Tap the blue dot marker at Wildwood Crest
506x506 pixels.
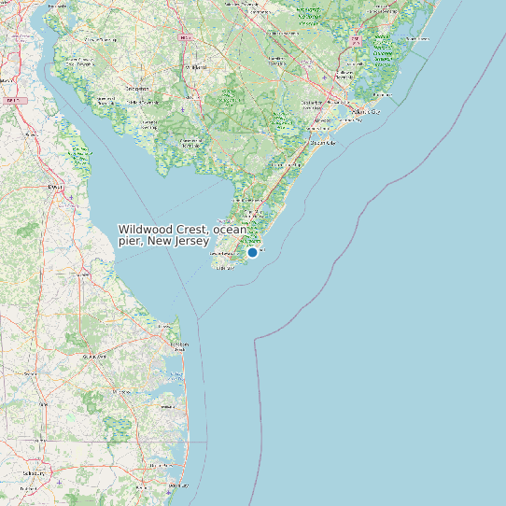(252, 252)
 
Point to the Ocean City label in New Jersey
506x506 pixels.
(322, 143)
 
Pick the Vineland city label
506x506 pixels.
(195, 68)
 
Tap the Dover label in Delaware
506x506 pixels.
(56, 187)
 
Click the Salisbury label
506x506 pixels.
(34, 473)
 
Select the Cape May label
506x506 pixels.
(225, 267)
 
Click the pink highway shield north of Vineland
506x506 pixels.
(186, 37)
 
